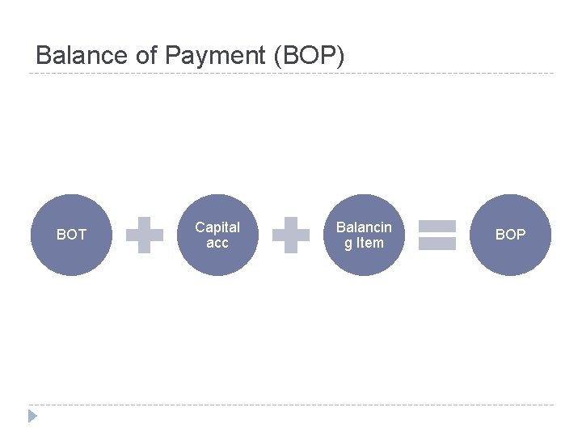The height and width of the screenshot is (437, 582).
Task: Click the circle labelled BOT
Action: (71, 235)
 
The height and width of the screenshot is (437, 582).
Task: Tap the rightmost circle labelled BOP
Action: (510, 235)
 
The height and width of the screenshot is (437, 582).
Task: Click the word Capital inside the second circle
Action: (217, 227)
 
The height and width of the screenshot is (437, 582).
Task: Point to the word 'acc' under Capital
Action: (217, 243)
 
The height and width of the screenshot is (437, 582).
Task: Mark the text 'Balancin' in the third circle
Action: (364, 227)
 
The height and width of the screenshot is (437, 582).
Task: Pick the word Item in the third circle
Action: (369, 243)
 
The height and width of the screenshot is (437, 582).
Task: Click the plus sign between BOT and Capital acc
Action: (145, 235)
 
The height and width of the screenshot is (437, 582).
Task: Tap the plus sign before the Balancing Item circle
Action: (291, 235)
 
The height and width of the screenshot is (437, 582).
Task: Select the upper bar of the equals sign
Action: (437, 226)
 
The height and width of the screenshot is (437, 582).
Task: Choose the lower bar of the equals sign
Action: (437, 244)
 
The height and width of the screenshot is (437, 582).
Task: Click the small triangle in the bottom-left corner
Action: (32, 416)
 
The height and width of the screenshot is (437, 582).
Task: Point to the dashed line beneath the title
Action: (291, 74)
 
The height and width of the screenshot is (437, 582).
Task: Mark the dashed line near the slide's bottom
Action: (291, 405)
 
